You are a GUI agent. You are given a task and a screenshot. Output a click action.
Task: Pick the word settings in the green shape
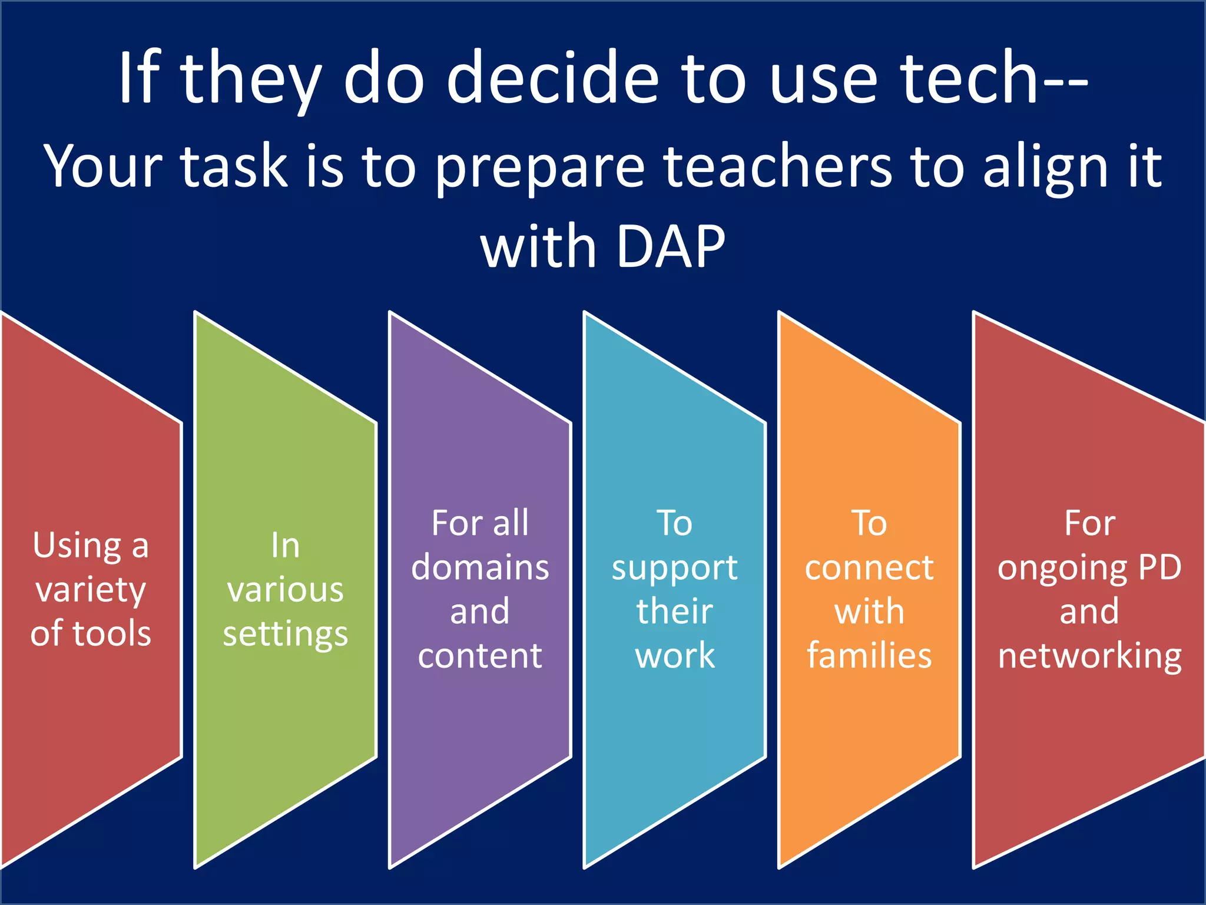286,635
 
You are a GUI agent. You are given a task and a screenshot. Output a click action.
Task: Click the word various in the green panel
286,590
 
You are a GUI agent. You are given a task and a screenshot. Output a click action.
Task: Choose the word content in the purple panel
480,656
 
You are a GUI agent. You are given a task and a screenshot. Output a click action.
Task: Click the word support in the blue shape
674,569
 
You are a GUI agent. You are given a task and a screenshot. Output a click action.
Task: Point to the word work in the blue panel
675,656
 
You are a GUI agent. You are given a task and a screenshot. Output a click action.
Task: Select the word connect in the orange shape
869,568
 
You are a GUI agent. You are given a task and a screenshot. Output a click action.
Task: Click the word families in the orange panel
869,655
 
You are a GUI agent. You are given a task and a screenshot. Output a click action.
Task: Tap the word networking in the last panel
1089,656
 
